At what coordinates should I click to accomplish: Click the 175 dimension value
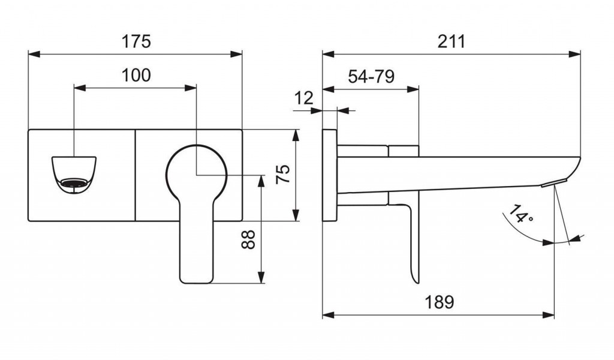pos(136,41)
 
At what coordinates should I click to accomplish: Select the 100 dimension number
pos(136,75)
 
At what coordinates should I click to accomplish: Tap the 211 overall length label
pos(452,41)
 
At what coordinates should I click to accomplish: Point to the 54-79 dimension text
pos(371,76)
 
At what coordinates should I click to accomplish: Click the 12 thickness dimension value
pos(304,98)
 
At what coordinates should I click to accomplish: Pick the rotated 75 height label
pos(283,174)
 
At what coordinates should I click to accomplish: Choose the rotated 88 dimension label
pos(248,239)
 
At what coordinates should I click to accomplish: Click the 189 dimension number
pos(440,302)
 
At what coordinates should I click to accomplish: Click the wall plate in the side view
pos(330,175)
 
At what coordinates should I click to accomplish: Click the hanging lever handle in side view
pos(411,239)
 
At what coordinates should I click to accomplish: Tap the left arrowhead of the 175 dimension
pos(34,54)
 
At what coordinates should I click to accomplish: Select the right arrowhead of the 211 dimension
pos(574,54)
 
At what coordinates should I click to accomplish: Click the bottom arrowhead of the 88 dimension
pos(261,277)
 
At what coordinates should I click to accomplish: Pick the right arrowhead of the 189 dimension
pos(548,315)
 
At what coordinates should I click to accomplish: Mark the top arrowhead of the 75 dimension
pos(296,136)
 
